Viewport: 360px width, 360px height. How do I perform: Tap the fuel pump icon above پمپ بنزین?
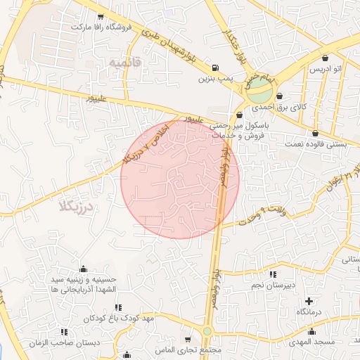[214, 68]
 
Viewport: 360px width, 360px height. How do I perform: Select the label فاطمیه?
[125, 63]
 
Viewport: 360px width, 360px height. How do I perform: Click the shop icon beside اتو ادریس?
[326, 58]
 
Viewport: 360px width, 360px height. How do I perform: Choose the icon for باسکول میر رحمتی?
[240, 115]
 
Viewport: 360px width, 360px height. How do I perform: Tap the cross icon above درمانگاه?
[309, 301]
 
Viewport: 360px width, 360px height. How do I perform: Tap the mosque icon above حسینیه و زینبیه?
[84, 269]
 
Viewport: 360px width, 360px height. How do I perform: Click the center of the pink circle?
[180, 179]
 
